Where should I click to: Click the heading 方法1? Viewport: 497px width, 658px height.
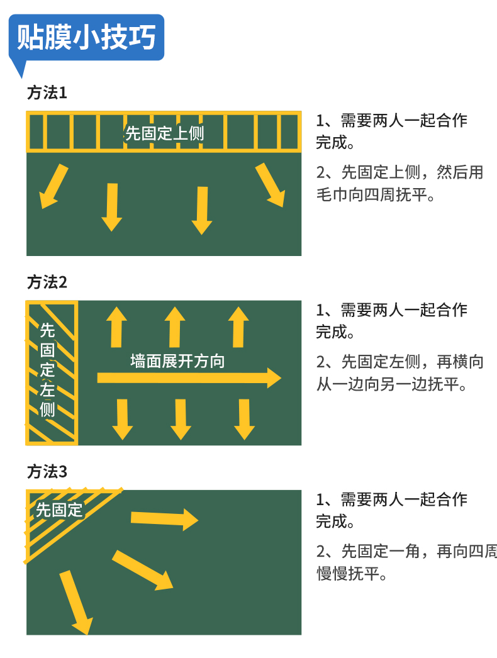pos(47,93)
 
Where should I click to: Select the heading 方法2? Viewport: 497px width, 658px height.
pos(47,282)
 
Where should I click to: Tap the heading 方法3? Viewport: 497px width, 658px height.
pos(47,472)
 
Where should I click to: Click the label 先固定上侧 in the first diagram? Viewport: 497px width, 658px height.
pos(164,133)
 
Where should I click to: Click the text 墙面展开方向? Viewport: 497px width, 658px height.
pos(177,361)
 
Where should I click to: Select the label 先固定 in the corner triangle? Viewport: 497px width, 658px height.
pos(59,510)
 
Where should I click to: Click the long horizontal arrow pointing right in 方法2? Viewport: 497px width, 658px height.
pos(189,377)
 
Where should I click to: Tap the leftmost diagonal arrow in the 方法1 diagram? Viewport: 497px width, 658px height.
pos(53,186)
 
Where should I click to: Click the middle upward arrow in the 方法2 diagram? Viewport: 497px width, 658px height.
pos(175,326)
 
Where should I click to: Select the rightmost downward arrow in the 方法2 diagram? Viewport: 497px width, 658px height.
pos(245,419)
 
